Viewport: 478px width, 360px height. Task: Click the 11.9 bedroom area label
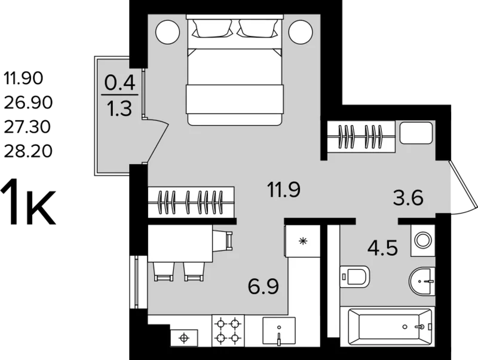tap(283, 190)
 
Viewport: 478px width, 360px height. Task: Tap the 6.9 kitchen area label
tap(263, 287)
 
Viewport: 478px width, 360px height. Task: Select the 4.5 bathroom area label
tap(382, 248)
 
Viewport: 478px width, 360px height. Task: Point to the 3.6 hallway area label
tap(408, 197)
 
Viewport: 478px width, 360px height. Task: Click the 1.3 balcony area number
tap(120, 109)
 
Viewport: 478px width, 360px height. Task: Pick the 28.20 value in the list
tap(28, 151)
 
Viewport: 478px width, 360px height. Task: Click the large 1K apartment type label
tap(28, 202)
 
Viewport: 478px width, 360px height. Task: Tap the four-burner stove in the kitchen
tap(228, 331)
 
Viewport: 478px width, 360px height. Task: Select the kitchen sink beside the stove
tap(279, 331)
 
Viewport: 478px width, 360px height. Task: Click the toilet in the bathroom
tap(354, 277)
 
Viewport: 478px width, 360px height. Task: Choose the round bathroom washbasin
tap(422, 281)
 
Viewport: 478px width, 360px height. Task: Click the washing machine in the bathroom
tap(423, 240)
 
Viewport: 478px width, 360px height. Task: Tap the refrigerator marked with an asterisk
tap(302, 241)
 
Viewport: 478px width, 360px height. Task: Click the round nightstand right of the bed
tap(301, 32)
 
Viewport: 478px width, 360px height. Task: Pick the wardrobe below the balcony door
tap(191, 202)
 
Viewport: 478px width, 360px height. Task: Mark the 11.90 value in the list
tap(23, 78)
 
